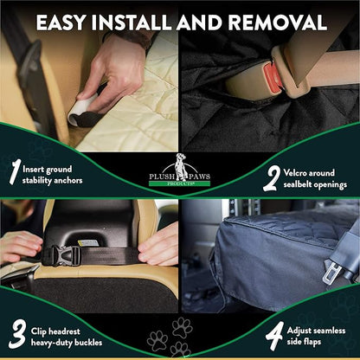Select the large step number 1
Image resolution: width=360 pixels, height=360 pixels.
pos(13,171)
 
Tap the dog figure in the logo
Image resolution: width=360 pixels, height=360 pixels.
pos(179,161)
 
